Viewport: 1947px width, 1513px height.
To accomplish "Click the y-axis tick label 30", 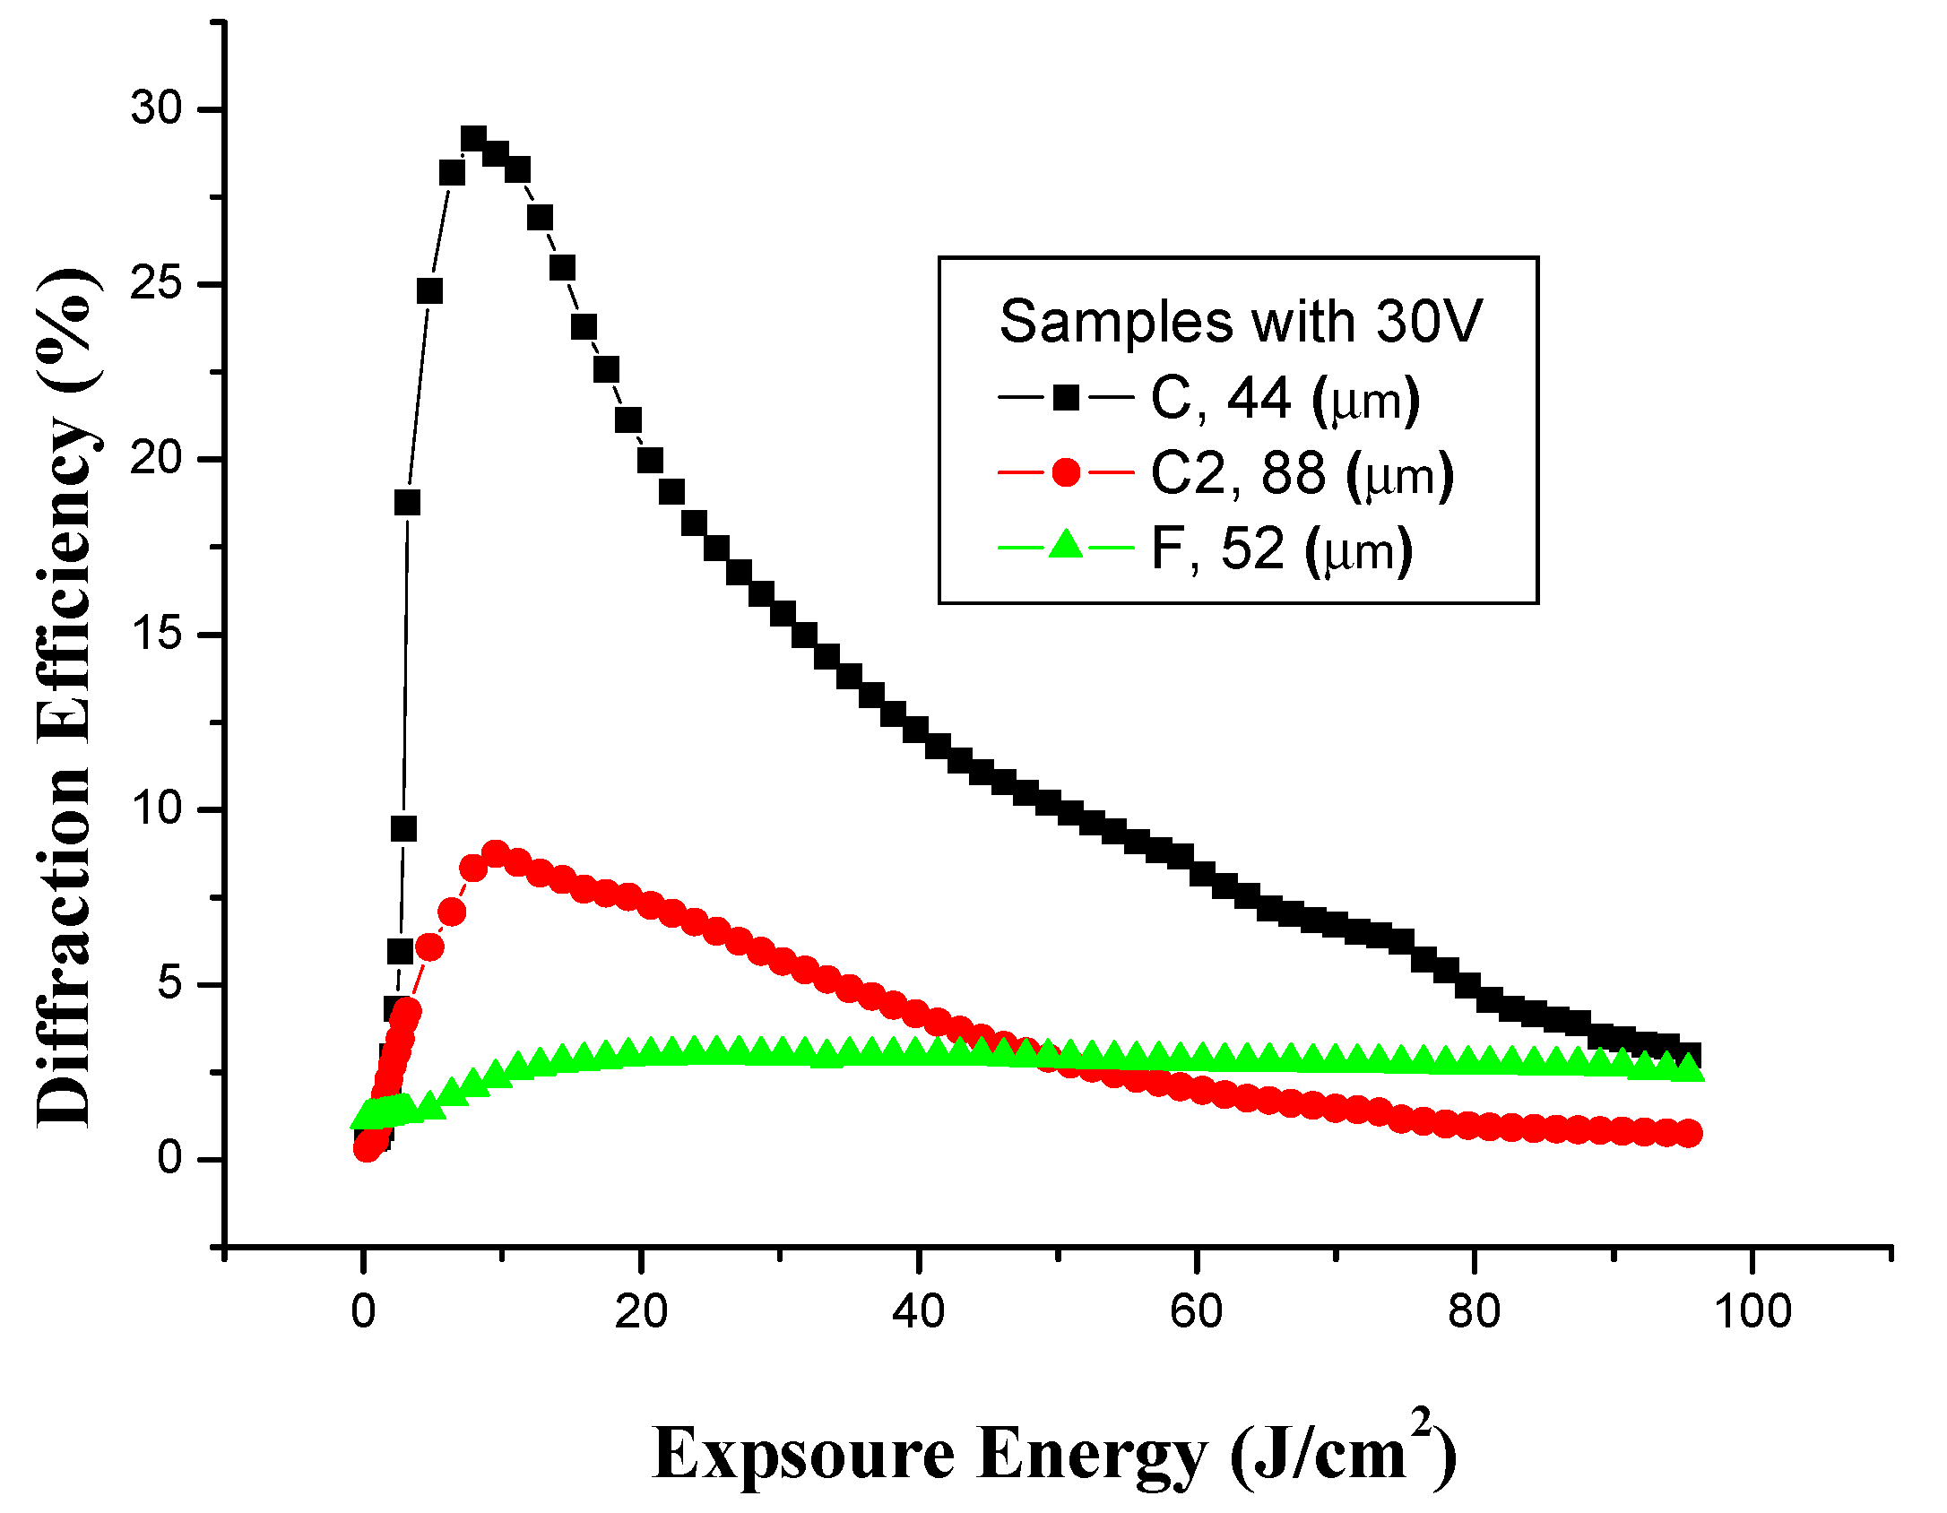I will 156,108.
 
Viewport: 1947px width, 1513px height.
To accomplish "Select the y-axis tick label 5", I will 169,983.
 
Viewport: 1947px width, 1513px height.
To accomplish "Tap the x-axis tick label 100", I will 1752,1311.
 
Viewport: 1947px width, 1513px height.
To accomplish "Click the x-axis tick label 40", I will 918,1311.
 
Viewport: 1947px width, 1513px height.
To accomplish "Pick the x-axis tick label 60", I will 1196,1311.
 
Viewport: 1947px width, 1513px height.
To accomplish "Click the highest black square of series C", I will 473,139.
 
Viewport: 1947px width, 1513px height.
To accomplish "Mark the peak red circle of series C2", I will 495,852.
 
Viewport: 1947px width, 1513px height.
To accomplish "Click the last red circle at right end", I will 1688,1133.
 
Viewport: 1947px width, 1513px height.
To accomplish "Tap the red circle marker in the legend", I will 1066,471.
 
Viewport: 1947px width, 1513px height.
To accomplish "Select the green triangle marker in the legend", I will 1066,546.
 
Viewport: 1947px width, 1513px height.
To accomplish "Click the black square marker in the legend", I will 1066,396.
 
